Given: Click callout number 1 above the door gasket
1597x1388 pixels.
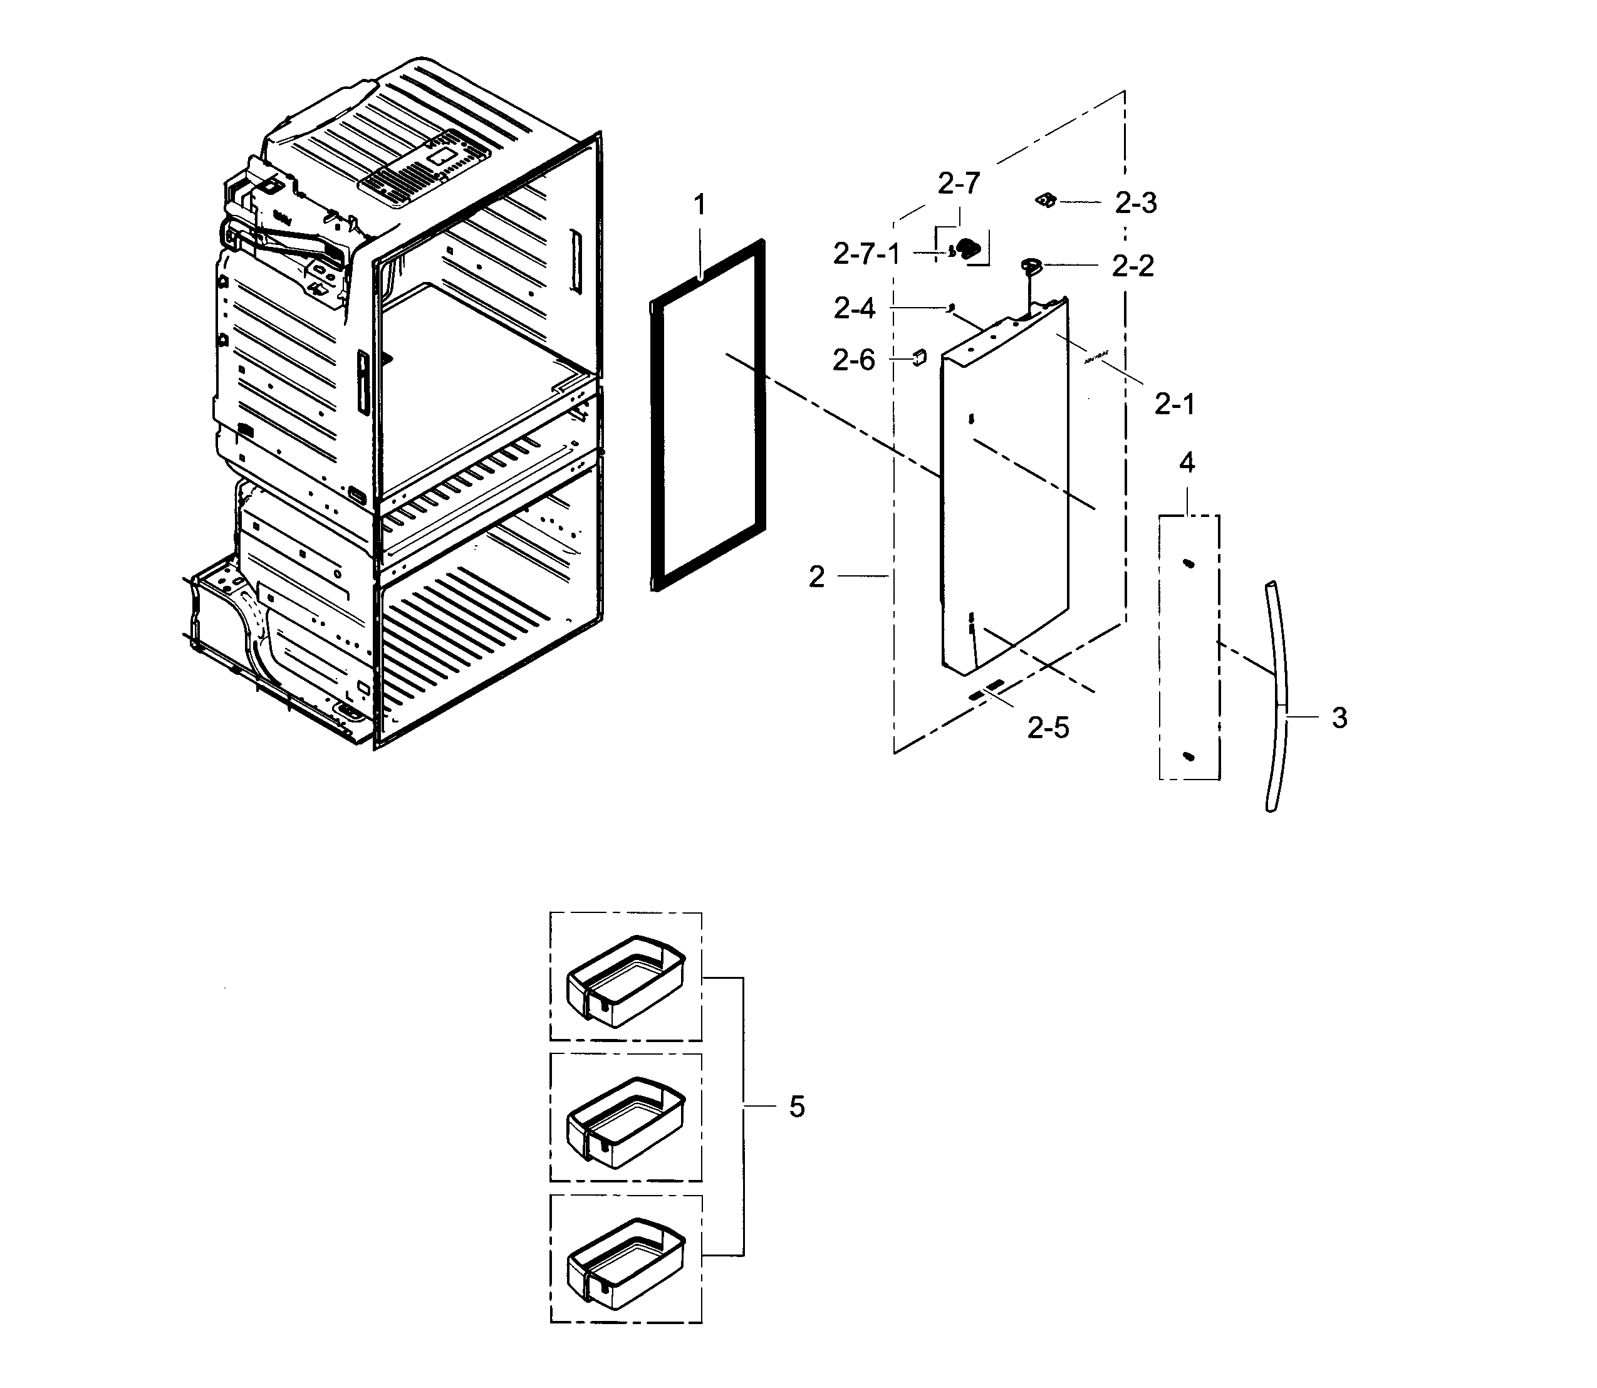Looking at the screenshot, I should [699, 206].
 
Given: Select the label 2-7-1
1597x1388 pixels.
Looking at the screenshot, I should [866, 254].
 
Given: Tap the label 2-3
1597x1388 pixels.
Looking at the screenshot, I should [1135, 203].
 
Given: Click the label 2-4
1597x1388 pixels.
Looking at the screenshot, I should [855, 309].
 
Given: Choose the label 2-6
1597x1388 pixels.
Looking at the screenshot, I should [853, 360].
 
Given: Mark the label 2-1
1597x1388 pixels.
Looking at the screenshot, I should [1174, 404].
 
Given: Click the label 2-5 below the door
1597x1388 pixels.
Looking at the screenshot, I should [1048, 728].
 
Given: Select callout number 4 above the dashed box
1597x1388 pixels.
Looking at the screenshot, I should [1187, 463].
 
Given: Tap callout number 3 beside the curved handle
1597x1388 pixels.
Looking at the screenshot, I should [1339, 718].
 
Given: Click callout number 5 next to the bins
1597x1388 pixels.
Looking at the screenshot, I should [797, 1107].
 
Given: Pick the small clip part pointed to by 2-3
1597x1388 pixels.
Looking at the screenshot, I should [1046, 201].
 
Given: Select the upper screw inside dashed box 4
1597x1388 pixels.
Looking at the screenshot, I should [1187, 564].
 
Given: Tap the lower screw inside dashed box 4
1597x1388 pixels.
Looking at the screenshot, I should [1190, 755].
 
